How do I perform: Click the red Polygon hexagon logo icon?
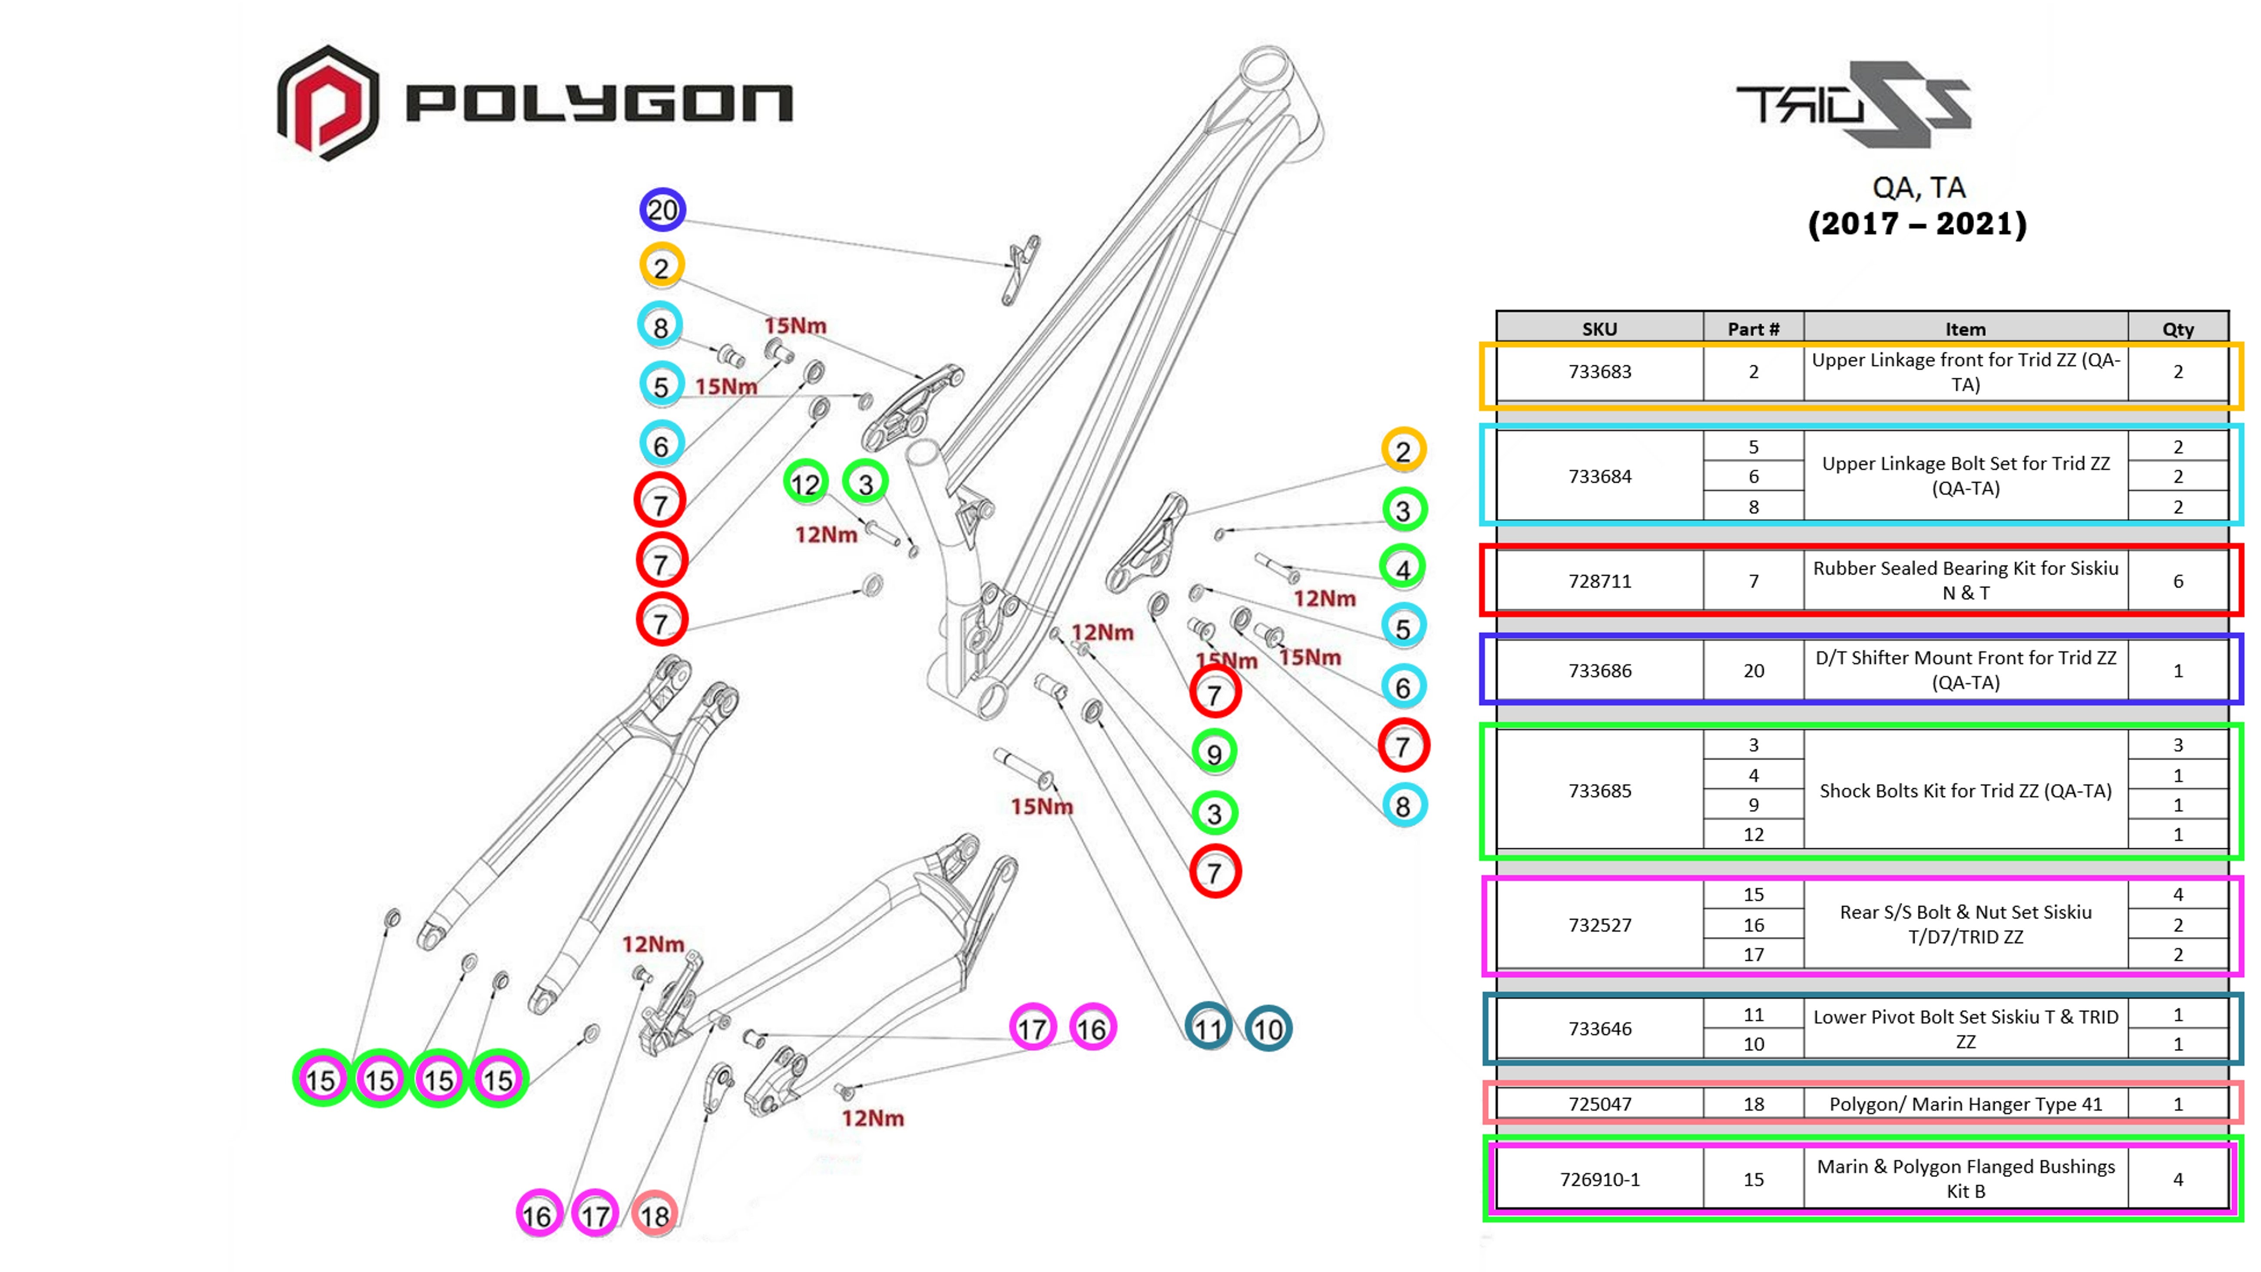pos(328,103)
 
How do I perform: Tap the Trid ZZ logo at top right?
pos(1854,103)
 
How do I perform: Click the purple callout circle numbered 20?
pos(662,210)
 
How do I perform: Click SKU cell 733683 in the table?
pos(1599,371)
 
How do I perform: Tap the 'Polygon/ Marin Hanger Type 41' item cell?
pos(1965,1103)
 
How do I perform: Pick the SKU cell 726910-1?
pos(1599,1179)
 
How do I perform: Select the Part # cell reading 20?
pos(1753,671)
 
